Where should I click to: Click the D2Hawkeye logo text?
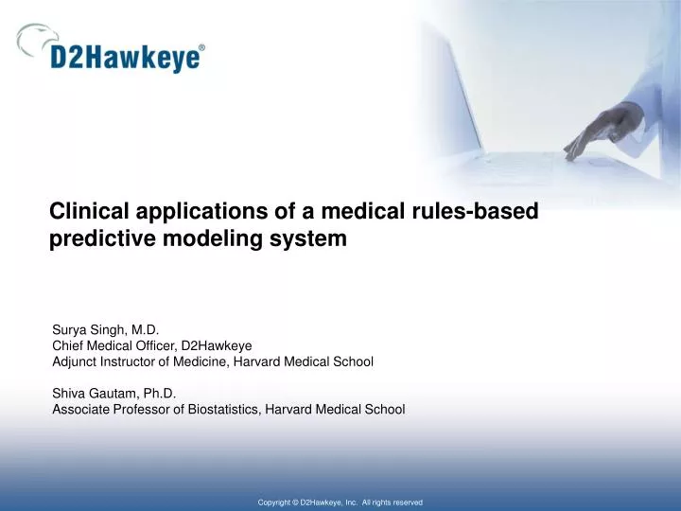coord(126,58)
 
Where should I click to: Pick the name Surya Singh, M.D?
coord(105,330)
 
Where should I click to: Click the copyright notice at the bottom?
coord(340,502)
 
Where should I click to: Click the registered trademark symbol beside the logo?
coord(201,46)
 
